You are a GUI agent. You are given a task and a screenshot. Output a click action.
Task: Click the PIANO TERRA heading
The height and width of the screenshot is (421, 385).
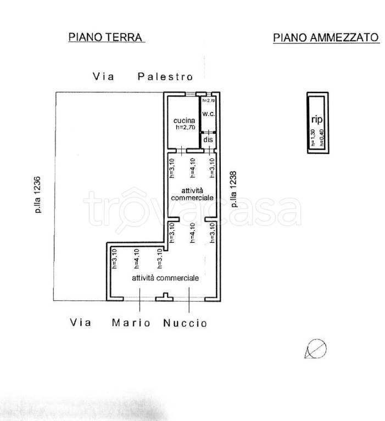click(105, 37)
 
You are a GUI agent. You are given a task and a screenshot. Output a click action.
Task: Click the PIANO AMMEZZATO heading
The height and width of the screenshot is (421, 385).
click(326, 37)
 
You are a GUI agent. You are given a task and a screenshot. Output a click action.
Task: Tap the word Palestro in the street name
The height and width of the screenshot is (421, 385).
click(165, 77)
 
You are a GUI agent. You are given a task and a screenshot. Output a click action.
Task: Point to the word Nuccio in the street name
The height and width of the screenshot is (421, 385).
click(185, 323)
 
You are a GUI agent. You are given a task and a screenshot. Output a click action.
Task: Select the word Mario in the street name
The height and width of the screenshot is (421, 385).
click(131, 323)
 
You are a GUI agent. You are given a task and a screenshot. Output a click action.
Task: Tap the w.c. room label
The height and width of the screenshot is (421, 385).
click(208, 113)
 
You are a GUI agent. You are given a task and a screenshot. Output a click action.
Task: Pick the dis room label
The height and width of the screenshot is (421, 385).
click(208, 140)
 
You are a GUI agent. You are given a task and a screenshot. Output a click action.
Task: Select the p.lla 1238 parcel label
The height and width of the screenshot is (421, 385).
click(234, 189)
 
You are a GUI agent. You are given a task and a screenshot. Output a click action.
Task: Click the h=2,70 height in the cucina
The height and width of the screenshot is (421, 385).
click(186, 127)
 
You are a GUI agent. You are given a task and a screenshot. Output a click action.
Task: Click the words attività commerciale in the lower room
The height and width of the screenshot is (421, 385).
click(165, 278)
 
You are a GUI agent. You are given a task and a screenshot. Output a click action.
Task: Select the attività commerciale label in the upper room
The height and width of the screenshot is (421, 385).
click(191, 193)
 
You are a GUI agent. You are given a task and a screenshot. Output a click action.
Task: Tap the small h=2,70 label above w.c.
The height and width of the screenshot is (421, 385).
click(208, 101)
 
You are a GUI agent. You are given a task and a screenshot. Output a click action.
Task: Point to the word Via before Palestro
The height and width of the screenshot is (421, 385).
click(103, 77)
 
